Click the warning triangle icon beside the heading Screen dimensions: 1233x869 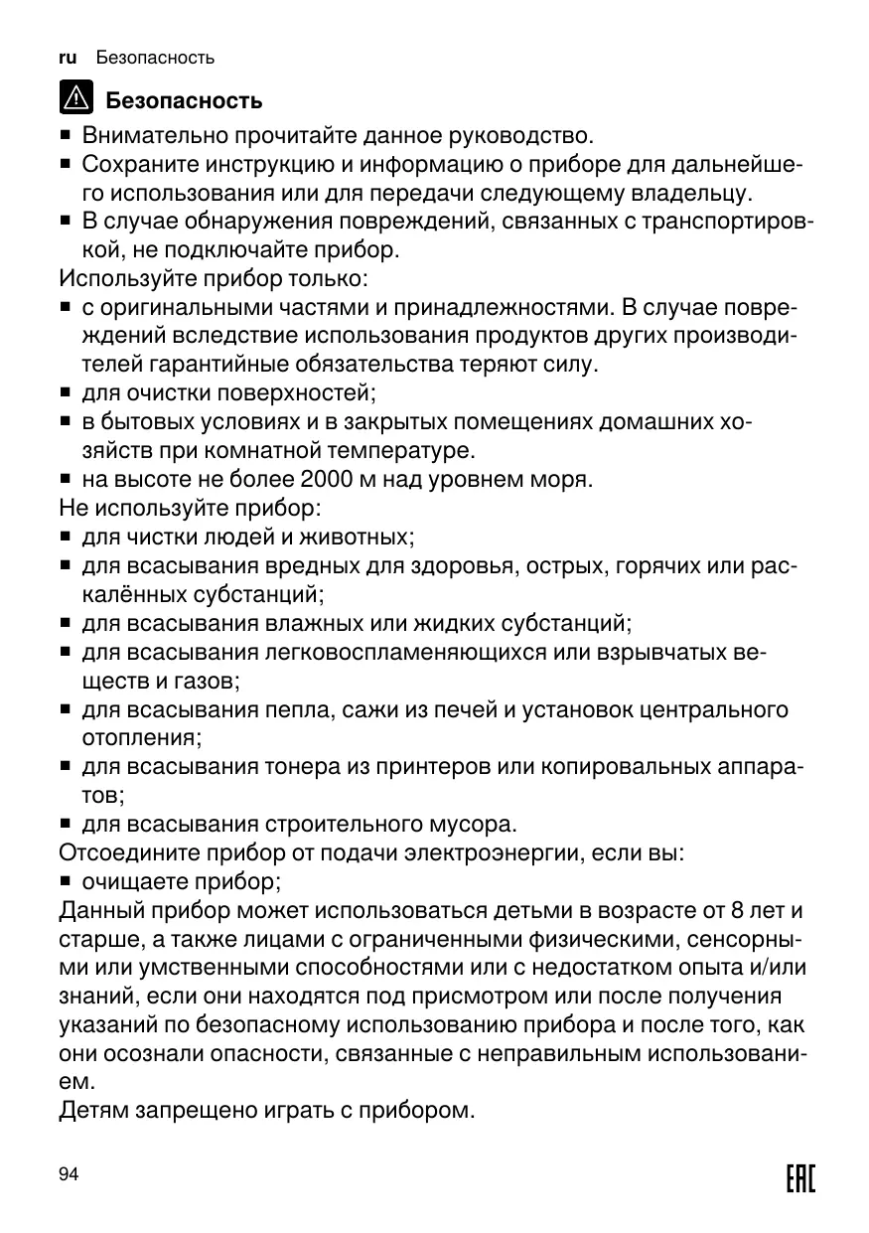[73, 99]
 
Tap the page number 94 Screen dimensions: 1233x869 [69, 1174]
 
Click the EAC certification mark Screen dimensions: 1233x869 [799, 1179]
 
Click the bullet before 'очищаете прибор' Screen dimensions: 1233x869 [65, 881]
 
